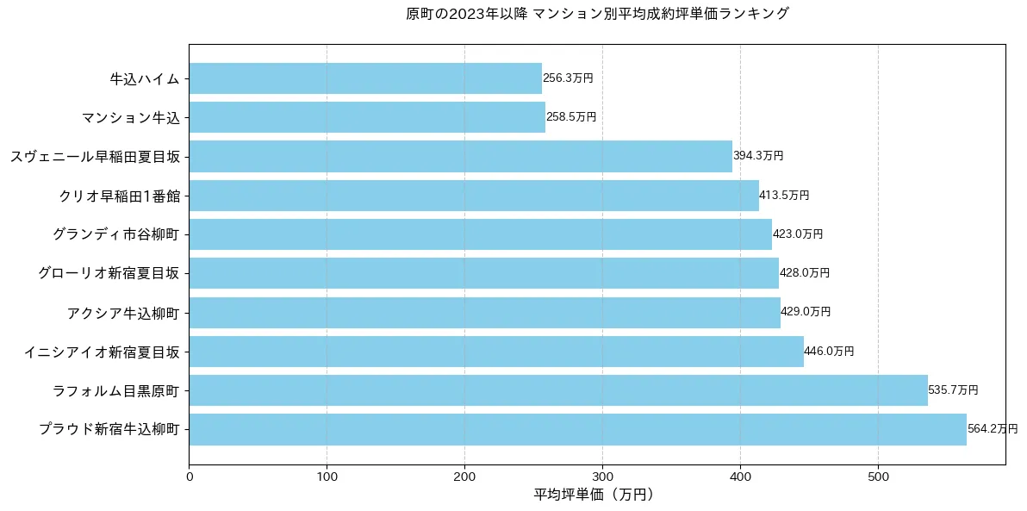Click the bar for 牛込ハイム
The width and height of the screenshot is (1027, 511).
pos(365,78)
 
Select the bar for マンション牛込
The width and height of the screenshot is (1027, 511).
pos(367,117)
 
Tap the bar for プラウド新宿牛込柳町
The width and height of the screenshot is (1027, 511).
pos(577,429)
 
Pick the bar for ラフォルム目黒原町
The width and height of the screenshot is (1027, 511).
pos(558,390)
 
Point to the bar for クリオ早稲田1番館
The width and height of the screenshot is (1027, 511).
pos(474,196)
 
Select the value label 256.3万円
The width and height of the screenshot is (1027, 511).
pos(568,78)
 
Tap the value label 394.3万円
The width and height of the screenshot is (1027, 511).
pos(758,156)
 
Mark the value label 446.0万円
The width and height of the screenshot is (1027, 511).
pos(829,352)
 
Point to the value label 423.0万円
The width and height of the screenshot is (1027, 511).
pos(798,234)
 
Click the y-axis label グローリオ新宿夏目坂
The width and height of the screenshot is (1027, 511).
pos(109,273)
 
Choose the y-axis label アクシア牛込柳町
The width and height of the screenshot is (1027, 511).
pos(123,313)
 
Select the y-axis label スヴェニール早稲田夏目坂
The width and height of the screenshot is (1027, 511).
pos(95,157)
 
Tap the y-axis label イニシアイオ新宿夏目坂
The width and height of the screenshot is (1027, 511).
pos(102,352)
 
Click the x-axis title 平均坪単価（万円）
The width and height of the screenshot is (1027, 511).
pos(596,495)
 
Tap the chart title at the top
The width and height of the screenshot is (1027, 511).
pos(597,14)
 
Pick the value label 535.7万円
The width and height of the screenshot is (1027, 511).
pos(953,390)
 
